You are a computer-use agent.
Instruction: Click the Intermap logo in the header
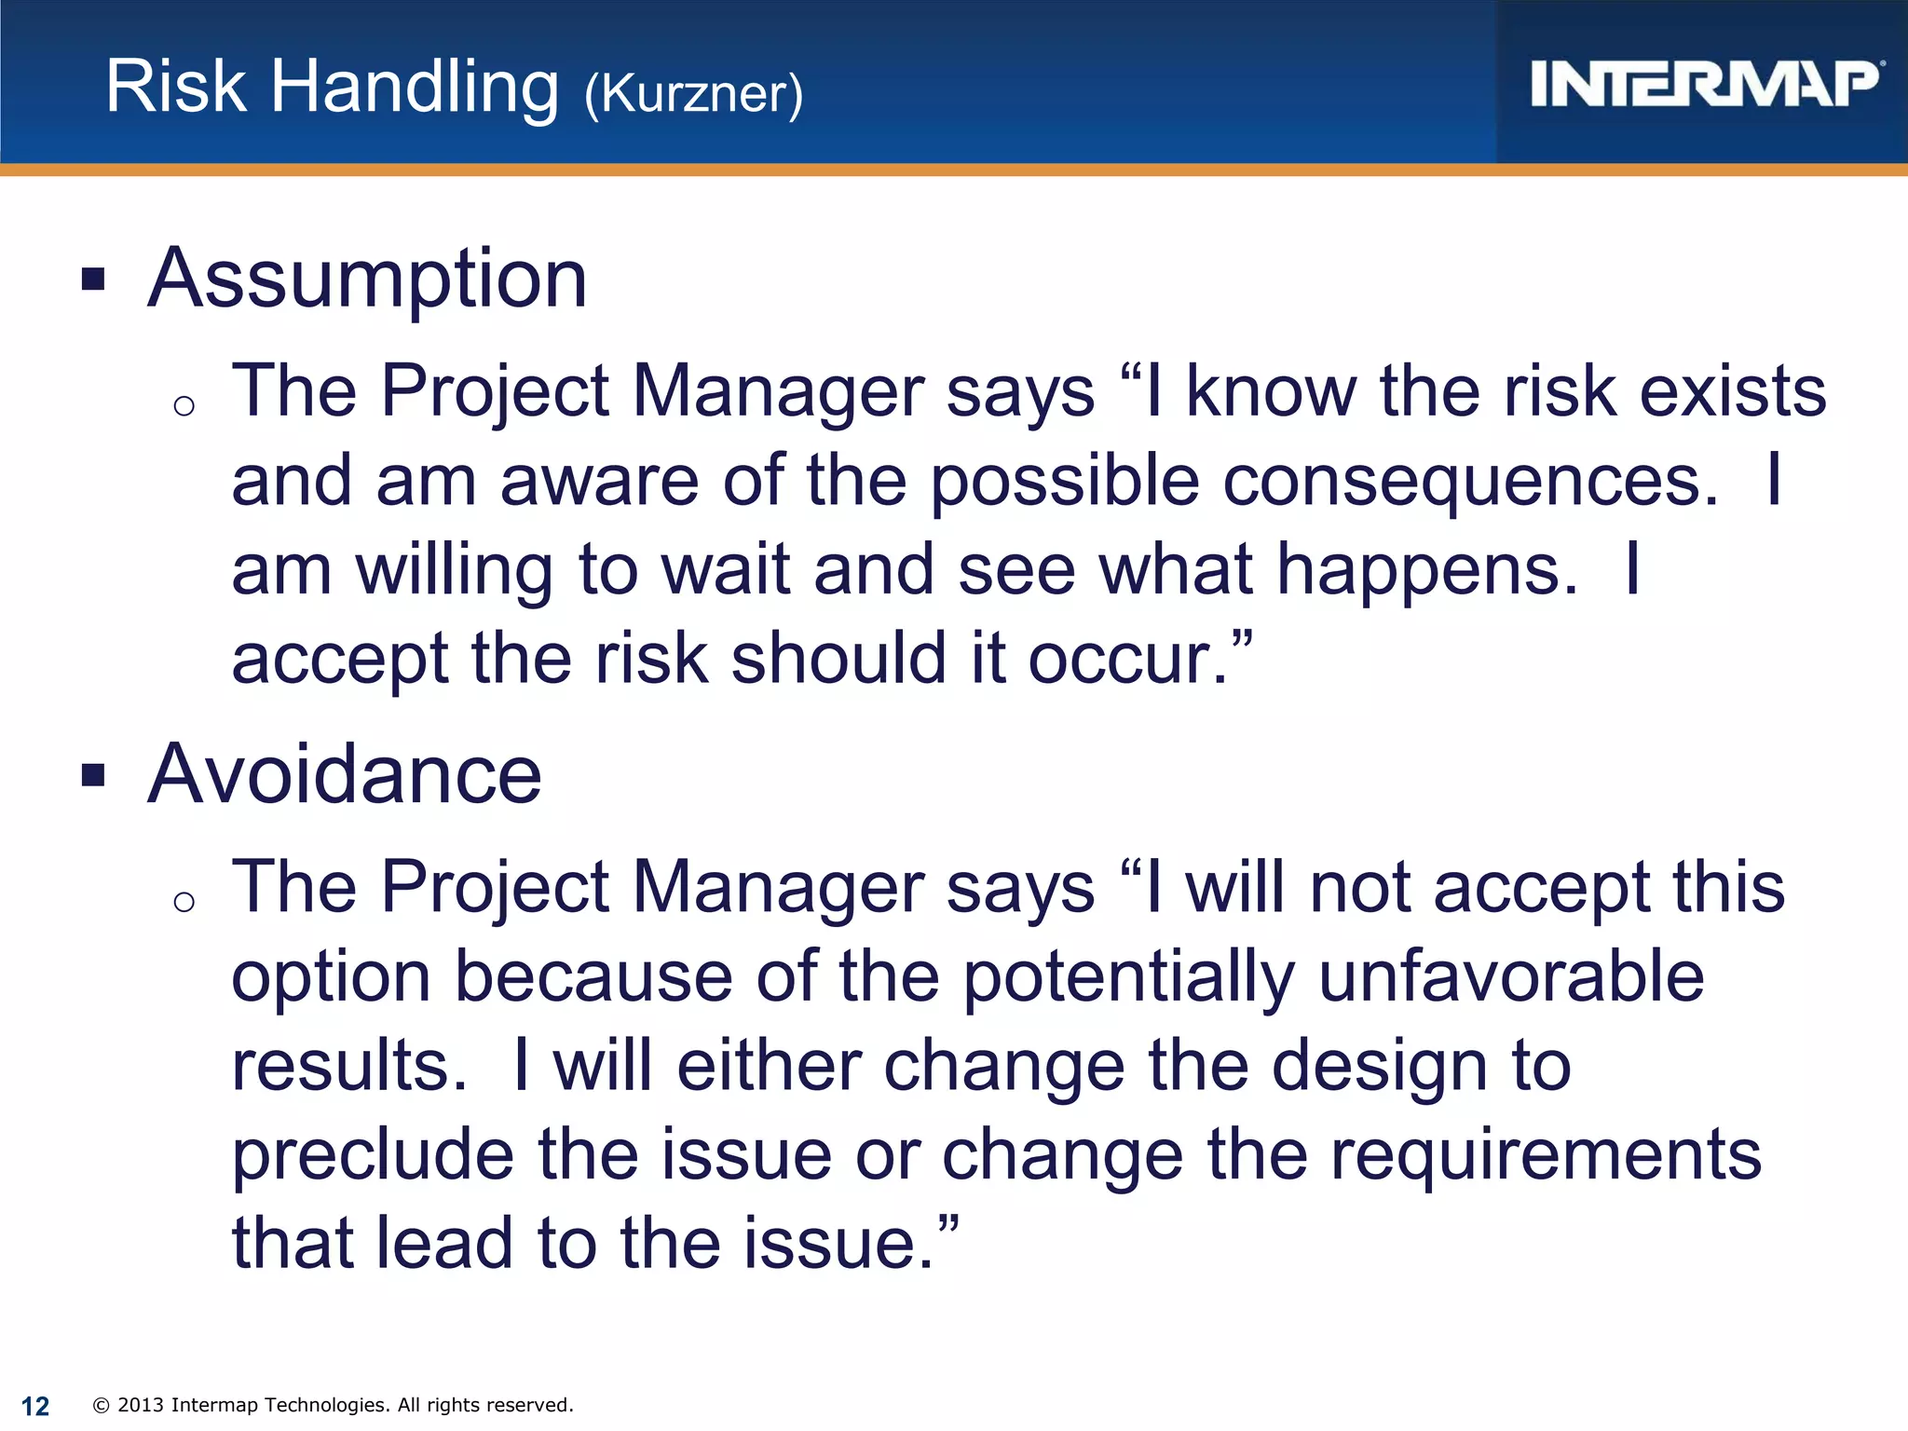(x=1705, y=84)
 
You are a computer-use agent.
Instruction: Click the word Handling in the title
(x=415, y=88)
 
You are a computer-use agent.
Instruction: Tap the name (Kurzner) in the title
(x=693, y=93)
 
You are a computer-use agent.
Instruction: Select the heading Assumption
(x=368, y=279)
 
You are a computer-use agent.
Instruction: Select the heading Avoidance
(x=345, y=774)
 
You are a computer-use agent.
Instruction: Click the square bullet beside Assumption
(x=93, y=279)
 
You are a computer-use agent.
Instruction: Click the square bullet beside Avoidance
(x=93, y=774)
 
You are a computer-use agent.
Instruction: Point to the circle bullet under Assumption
(x=184, y=405)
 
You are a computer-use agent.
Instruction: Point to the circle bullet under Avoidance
(x=184, y=901)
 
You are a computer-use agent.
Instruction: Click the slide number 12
(x=35, y=1406)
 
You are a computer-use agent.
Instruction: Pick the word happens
(x=1426, y=569)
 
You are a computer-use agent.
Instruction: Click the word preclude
(x=373, y=1155)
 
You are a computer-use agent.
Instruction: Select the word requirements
(x=1546, y=1155)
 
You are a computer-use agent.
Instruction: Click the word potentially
(x=1128, y=977)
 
